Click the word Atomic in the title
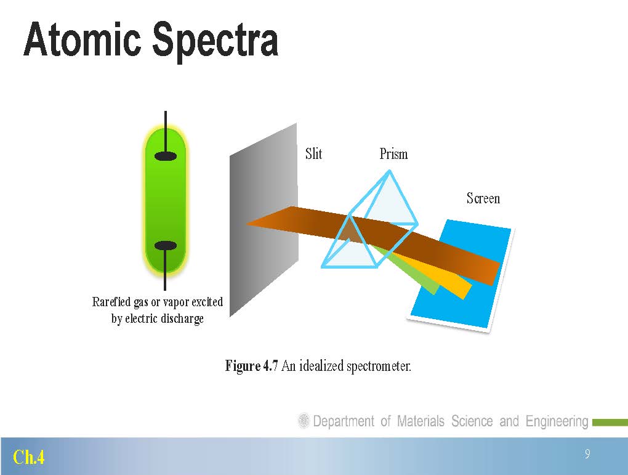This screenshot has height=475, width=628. pyautogui.click(x=82, y=39)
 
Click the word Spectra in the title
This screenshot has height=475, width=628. pyautogui.click(x=215, y=42)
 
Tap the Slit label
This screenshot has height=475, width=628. pyautogui.click(x=313, y=153)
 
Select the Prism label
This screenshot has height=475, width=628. pyautogui.click(x=393, y=154)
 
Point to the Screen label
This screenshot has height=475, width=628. pyautogui.click(x=483, y=198)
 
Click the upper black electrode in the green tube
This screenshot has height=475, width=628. pyautogui.click(x=166, y=156)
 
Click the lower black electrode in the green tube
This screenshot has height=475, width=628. pyautogui.click(x=166, y=245)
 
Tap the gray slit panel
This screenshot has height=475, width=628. pyautogui.click(x=264, y=220)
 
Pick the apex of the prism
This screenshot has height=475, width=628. pyautogui.click(x=389, y=171)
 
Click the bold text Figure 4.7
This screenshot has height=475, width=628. pyautogui.click(x=252, y=365)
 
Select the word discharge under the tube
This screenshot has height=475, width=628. pyautogui.click(x=182, y=319)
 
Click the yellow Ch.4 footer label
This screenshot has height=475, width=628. pyautogui.click(x=28, y=457)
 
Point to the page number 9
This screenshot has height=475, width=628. pyautogui.click(x=587, y=454)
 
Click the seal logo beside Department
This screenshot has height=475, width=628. pyautogui.click(x=304, y=421)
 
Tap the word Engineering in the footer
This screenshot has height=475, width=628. pyautogui.click(x=557, y=421)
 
